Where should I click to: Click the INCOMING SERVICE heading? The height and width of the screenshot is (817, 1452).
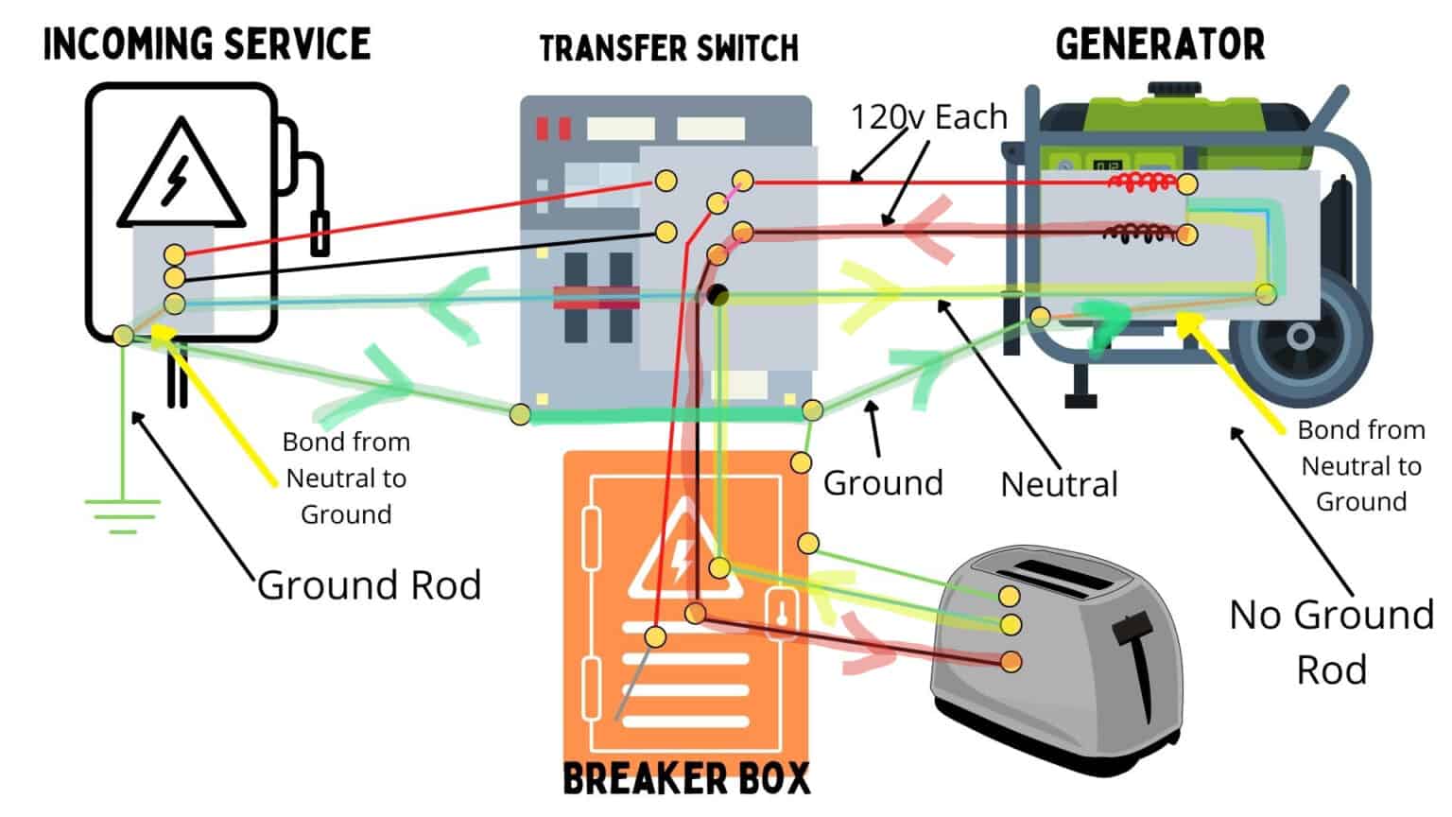[207, 44]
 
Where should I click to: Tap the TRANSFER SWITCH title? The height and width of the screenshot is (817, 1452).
[668, 48]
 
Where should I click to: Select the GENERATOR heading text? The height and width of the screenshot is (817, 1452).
[1160, 44]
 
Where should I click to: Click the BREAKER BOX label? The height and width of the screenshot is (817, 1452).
[686, 779]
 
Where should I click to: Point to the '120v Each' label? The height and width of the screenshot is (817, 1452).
[928, 117]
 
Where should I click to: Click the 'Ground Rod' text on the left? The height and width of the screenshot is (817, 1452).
[369, 585]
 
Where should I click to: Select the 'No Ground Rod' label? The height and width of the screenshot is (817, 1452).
[1331, 642]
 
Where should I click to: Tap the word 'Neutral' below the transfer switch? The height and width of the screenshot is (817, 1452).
[1059, 484]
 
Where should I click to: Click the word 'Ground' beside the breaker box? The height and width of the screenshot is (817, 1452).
[883, 482]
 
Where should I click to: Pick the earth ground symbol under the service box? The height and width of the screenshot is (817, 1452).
[122, 515]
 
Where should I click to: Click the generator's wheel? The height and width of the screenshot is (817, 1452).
[1300, 337]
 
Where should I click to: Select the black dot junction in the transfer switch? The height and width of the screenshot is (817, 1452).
[717, 295]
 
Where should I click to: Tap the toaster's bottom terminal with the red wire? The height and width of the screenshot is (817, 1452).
[1011, 661]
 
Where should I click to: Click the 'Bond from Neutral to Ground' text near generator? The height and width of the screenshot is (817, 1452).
[1360, 465]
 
